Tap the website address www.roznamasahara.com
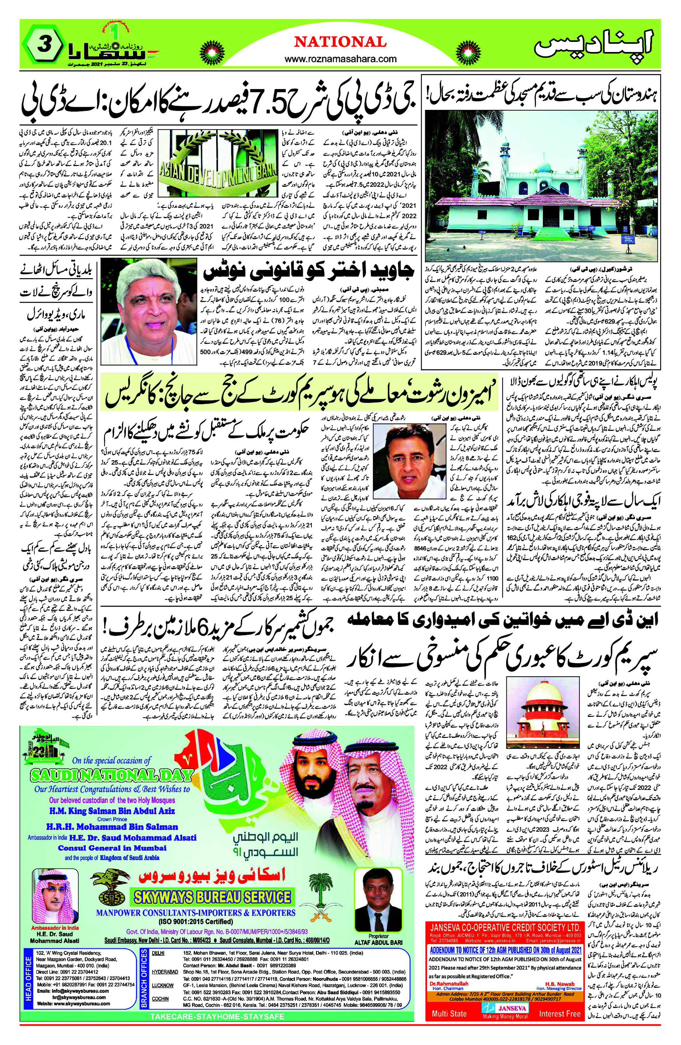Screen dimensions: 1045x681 [341, 58]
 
